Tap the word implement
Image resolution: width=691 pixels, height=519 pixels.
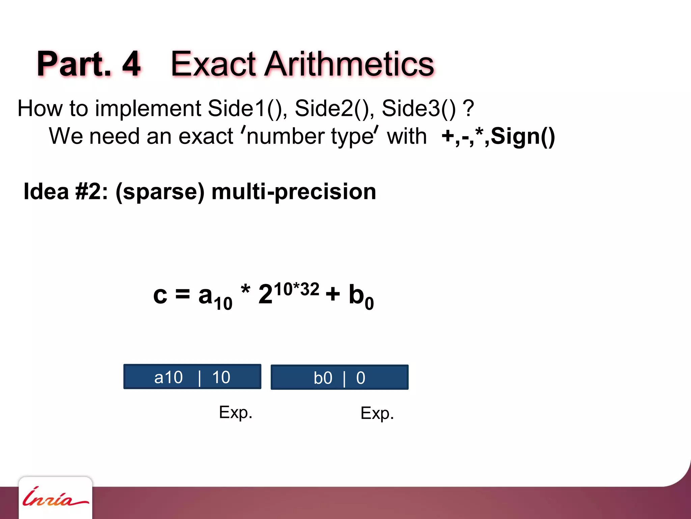coord(148,109)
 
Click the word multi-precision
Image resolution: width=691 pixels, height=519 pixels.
coord(294,192)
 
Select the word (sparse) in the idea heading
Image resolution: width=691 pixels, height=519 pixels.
coord(160,192)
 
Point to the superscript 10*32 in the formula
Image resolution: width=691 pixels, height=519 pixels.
coord(296,290)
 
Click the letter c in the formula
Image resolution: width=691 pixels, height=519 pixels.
coord(160,295)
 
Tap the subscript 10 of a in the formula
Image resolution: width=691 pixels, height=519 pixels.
coord(223,303)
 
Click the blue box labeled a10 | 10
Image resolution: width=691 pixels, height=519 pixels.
coord(192,377)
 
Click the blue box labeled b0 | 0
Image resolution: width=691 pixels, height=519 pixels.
coord(339,377)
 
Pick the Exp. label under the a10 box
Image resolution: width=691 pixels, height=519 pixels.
coord(236,413)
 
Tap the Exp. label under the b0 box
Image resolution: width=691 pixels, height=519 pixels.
coord(377,413)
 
